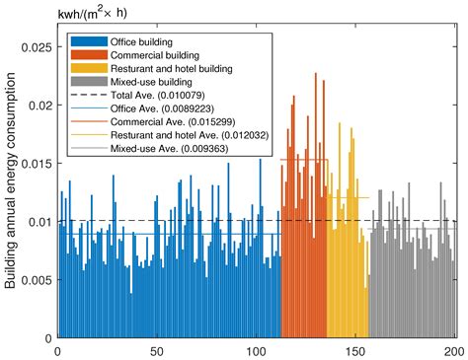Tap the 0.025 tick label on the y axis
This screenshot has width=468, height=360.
click(38, 47)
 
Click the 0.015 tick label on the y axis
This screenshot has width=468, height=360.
click(38, 164)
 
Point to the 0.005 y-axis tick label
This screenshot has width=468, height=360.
click(38, 280)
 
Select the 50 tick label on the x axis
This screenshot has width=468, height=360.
click(156, 350)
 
